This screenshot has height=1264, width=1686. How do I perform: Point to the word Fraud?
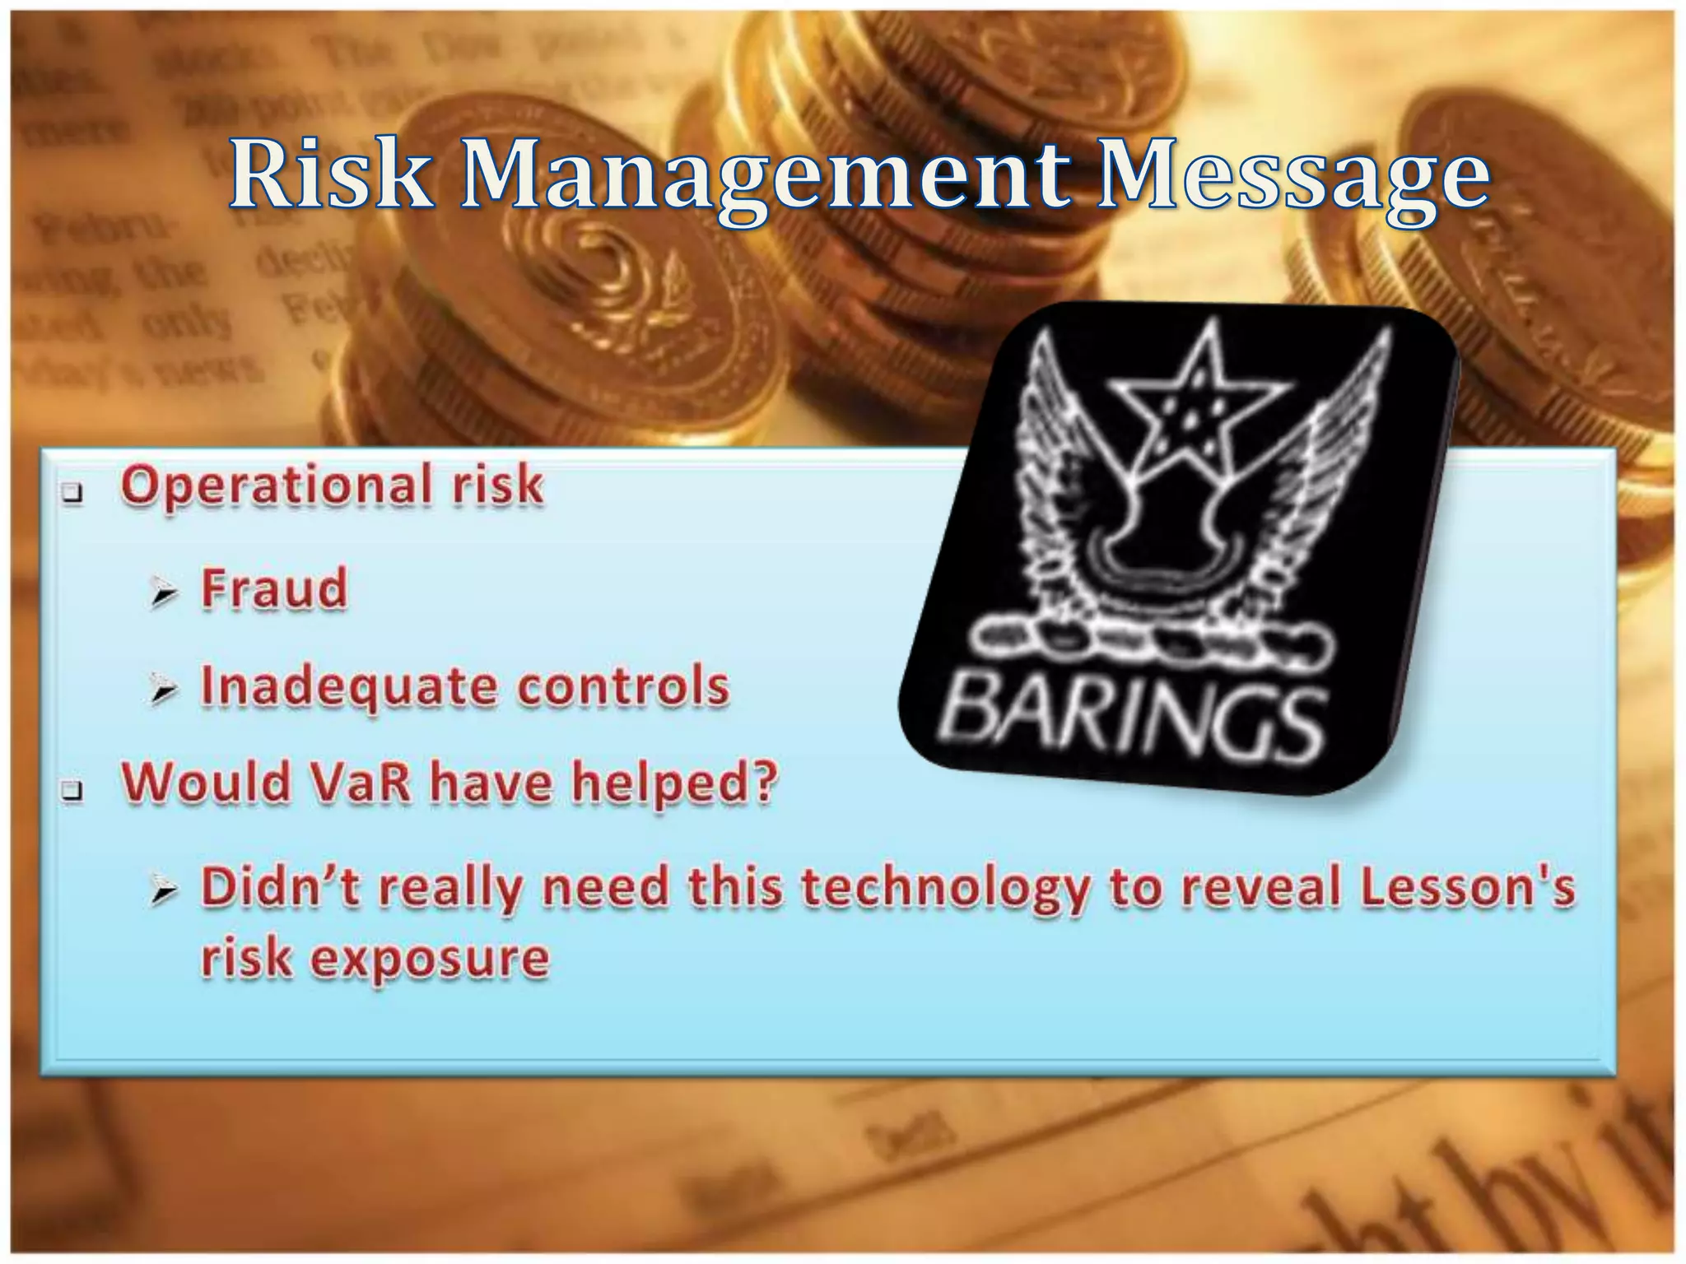click(x=274, y=589)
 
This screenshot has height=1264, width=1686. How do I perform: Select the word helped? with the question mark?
click(x=674, y=783)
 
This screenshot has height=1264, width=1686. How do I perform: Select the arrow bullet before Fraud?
click(x=164, y=594)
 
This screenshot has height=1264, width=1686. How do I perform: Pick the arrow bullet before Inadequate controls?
click(x=164, y=692)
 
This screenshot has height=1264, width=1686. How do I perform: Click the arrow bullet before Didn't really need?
click(x=164, y=892)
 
